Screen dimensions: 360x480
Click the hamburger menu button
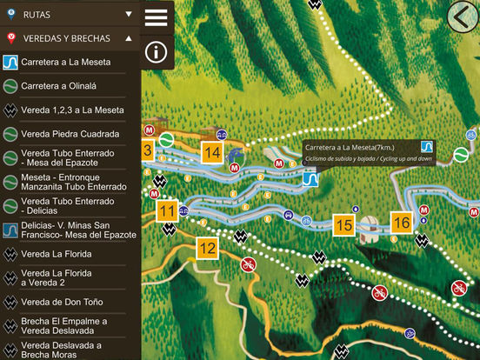[157, 17]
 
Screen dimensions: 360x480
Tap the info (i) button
[157, 51]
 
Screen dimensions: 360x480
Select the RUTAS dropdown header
[70, 15]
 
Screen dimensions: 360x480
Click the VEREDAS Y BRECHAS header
[70, 38]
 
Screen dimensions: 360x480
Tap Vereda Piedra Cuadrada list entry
[70, 134]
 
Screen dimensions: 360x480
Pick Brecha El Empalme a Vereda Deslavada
[66, 326]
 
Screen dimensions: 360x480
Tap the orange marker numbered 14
[212, 151]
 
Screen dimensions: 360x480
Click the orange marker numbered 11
[168, 211]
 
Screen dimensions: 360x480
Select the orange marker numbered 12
[207, 248]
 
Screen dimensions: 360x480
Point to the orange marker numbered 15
[344, 226]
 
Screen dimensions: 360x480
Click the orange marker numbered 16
[401, 223]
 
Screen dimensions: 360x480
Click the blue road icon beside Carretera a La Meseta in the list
[10, 63]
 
